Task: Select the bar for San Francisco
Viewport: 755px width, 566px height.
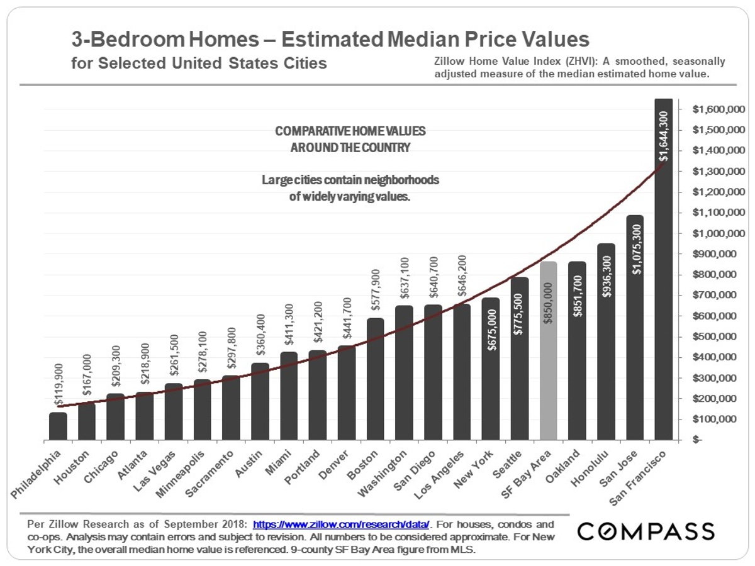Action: coord(664,270)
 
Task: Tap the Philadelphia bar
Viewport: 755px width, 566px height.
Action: coord(58,426)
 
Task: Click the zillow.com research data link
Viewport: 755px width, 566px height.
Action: coord(341,524)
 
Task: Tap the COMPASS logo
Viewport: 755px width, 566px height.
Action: coord(646,531)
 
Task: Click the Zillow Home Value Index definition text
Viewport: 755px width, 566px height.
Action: coord(579,68)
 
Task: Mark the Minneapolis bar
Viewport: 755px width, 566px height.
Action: coord(203,409)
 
